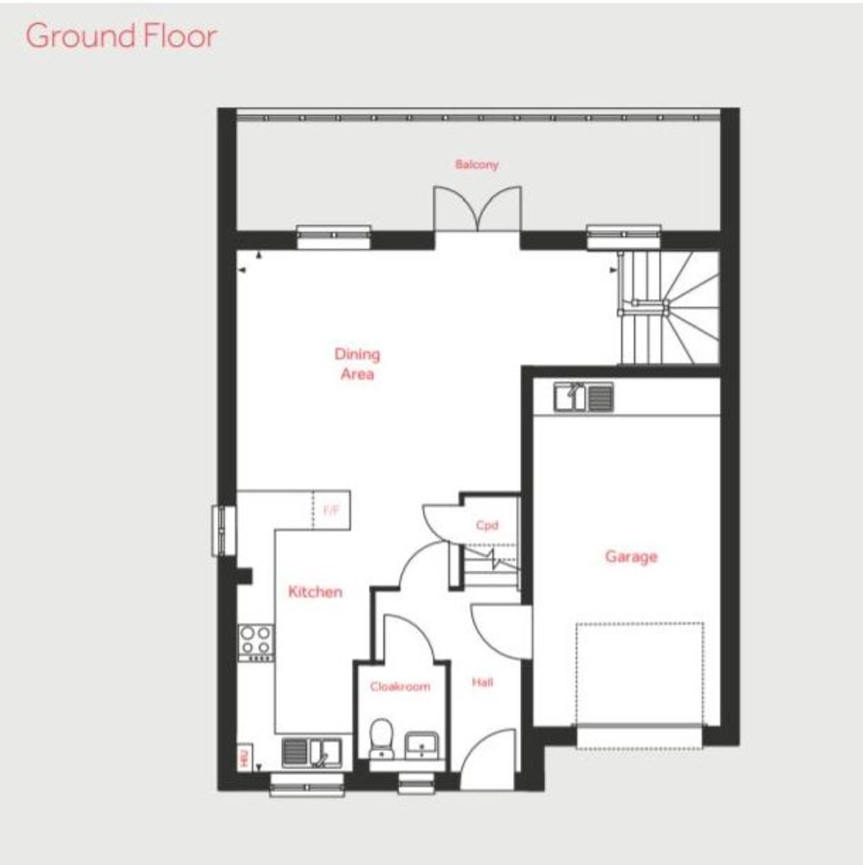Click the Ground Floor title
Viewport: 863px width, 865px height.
tap(121, 36)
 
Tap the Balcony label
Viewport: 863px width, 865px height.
tap(476, 164)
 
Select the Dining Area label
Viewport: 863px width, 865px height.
tap(357, 364)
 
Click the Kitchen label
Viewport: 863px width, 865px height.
tap(315, 592)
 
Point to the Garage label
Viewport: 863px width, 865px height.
tap(631, 556)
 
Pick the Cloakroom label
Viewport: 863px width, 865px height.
tap(400, 687)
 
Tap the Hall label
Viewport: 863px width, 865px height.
tap(483, 682)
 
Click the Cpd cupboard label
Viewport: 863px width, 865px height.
tap(487, 525)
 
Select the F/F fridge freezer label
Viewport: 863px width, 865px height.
tap(331, 510)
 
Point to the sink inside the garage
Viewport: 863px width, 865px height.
tap(584, 397)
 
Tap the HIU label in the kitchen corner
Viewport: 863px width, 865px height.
tap(244, 758)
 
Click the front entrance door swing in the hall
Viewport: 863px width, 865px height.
tap(489, 757)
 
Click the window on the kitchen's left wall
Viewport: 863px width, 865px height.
tap(224, 531)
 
